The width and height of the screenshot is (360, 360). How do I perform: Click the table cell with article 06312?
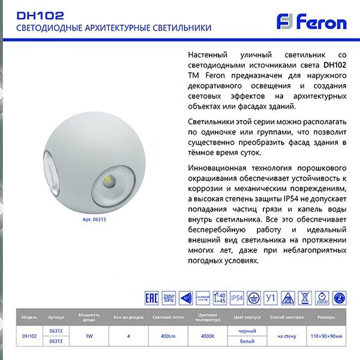pyautogui.click(x=56, y=331)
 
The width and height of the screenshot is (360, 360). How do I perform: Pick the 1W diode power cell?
pyautogui.click(x=89, y=336)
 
